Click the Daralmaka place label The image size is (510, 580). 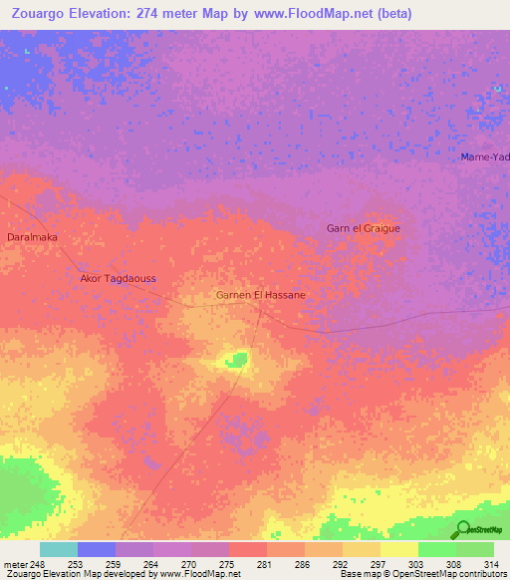click(x=32, y=237)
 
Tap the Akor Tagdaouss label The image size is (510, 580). click(x=119, y=279)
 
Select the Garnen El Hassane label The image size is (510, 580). click(x=260, y=295)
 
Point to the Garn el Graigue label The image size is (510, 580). click(x=363, y=228)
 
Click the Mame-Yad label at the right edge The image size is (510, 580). click(x=485, y=157)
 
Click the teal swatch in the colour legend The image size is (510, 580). click(x=59, y=549)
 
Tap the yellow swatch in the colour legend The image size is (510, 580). click(x=399, y=549)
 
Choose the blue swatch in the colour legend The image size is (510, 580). click(x=97, y=549)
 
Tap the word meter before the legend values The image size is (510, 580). click(x=15, y=564)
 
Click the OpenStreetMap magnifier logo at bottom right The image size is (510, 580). click(x=461, y=528)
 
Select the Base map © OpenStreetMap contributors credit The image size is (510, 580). click(x=420, y=574)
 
